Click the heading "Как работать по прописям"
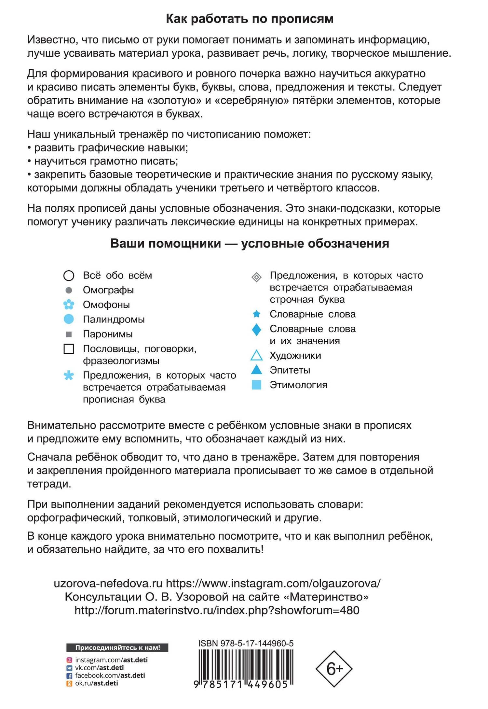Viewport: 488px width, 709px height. pyautogui.click(x=250, y=19)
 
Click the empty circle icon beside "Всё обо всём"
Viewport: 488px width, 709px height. pyautogui.click(x=69, y=276)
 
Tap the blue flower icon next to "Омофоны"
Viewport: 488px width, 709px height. pyautogui.click(x=69, y=305)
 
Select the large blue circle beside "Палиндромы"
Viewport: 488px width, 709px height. pyautogui.click(x=69, y=319)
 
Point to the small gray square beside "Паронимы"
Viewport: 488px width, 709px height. pyautogui.click(x=69, y=334)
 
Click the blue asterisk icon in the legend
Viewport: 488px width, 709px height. pyautogui.click(x=69, y=376)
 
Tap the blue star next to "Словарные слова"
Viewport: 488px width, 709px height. pyautogui.click(x=256, y=314)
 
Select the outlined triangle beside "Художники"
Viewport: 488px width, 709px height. pyautogui.click(x=256, y=356)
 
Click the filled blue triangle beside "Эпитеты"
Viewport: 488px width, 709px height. pyautogui.click(x=256, y=370)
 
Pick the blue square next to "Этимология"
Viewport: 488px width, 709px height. pyautogui.click(x=256, y=385)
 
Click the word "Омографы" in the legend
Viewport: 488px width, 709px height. pyautogui.click(x=108, y=290)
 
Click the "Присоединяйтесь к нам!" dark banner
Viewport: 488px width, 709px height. pyautogui.click(x=117, y=647)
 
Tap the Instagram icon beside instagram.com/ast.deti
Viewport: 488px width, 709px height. pyautogui.click(x=69, y=660)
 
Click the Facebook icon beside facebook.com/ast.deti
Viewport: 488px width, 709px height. pyautogui.click(x=69, y=675)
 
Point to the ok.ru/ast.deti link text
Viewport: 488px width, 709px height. pyautogui.click(x=96, y=683)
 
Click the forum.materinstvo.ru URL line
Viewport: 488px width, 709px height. pyautogui.click(x=217, y=610)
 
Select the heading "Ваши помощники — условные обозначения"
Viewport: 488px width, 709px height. pyautogui.click(x=250, y=243)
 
